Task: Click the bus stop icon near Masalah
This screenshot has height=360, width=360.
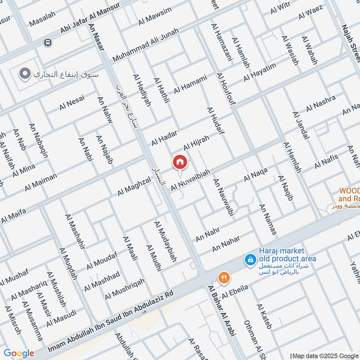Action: pos(47,43)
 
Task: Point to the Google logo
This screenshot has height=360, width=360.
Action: pos(19,353)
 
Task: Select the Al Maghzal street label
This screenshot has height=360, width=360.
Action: pos(134,186)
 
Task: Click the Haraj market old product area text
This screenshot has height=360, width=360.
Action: pos(281,255)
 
